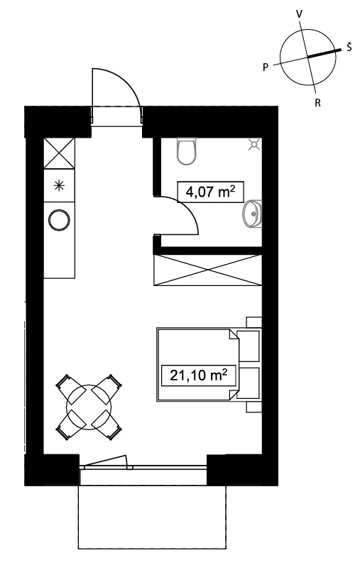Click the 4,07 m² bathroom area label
210,192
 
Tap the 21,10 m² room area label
198,375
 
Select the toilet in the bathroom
187,151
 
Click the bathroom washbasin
252,214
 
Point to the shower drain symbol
253,145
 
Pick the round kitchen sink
59,220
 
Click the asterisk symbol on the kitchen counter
59,185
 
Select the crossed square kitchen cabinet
59,153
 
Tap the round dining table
89,407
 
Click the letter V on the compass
299,14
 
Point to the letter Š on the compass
349,47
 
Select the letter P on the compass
266,67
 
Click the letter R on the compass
317,103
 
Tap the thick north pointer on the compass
324,53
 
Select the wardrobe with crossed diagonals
207,270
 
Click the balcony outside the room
152,516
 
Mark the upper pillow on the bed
249,346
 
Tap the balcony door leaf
105,462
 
